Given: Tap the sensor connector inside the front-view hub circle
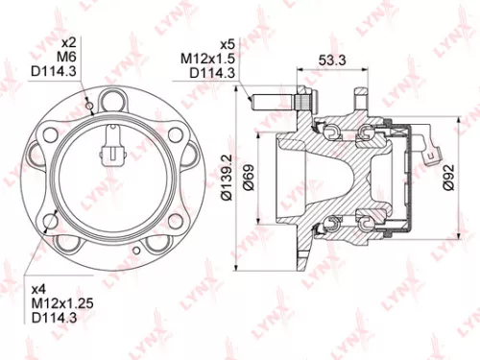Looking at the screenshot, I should pos(113,151).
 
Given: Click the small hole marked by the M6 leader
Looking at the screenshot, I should pos(89,106).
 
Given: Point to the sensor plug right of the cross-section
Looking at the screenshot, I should pos(431,149).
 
